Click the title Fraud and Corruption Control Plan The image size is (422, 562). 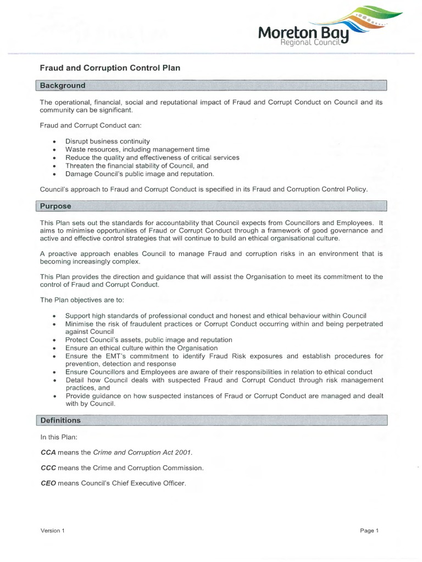coord(110,68)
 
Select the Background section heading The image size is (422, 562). coord(63,86)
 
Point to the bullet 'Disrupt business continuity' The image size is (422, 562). coord(107,141)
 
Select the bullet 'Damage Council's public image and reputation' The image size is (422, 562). coord(140,173)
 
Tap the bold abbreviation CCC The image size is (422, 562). coord(48,468)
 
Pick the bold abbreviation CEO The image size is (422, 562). coord(48,484)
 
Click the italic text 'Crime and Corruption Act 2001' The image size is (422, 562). coord(143,452)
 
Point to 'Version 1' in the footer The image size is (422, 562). coord(52,531)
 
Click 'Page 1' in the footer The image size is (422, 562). coord(370,531)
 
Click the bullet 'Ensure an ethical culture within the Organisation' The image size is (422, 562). coord(141,348)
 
